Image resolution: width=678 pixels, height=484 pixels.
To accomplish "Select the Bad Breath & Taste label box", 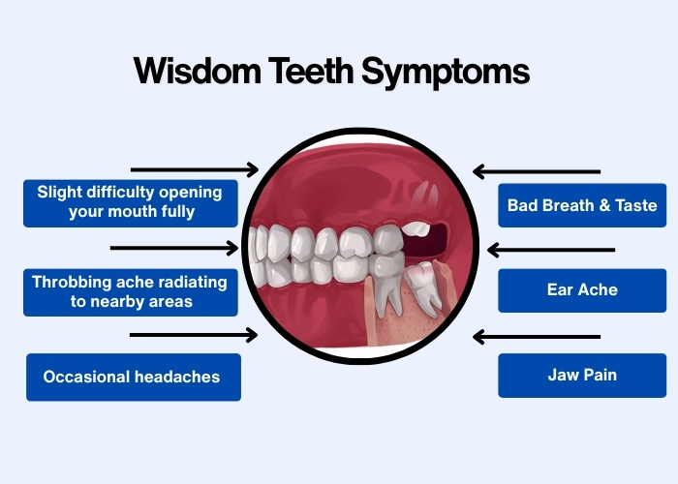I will coord(582,205).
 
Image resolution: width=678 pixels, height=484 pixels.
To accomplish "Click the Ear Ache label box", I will coord(582,289).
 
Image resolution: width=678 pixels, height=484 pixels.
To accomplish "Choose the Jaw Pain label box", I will coord(582,375).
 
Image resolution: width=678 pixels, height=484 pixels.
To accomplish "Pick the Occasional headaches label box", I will coord(132,377).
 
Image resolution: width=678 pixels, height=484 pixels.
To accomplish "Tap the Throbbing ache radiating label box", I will coord(130,291).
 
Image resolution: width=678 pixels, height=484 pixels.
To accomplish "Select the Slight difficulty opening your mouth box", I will coord(130,201).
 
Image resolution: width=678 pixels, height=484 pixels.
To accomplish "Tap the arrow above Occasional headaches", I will coord(194,335).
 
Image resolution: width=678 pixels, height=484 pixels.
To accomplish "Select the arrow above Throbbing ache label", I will coord(174,248).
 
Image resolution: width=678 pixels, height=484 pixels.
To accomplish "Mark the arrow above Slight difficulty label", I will coord(194,169).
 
